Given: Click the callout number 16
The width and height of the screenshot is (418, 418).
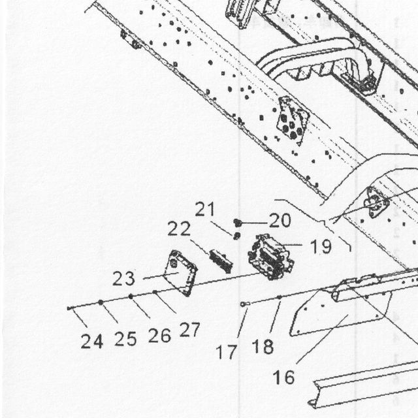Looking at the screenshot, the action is [283, 378].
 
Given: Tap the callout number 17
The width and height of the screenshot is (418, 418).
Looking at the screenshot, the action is [226, 351].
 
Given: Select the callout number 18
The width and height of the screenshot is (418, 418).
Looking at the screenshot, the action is [263, 347].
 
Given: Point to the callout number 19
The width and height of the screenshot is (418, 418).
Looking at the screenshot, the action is [321, 247].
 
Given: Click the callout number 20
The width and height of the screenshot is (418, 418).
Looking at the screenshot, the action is [280, 221].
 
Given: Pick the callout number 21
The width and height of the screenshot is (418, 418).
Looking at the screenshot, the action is [204, 209].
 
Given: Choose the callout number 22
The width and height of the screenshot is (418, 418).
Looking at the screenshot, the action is [179, 229].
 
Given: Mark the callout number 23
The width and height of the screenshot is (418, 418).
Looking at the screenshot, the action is [123, 279].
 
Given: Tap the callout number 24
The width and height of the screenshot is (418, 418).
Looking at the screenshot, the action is [92, 341].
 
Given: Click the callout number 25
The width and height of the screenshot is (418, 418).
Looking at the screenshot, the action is [125, 339].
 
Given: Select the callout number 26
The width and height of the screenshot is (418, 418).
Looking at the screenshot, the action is [159, 336].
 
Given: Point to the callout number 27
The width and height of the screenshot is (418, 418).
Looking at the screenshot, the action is [189, 329].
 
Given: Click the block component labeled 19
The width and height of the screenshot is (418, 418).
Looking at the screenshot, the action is [271, 257].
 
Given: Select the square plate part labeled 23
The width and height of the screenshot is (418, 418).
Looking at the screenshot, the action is [181, 273].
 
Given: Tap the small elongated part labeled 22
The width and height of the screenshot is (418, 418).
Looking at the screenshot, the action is [221, 261].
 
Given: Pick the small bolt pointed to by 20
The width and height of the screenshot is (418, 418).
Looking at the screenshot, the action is [238, 223].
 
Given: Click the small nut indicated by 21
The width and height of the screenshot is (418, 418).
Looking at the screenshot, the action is [236, 236].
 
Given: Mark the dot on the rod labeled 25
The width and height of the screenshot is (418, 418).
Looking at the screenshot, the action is [101, 302].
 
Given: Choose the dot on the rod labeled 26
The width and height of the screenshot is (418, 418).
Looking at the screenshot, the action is [131, 296].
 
